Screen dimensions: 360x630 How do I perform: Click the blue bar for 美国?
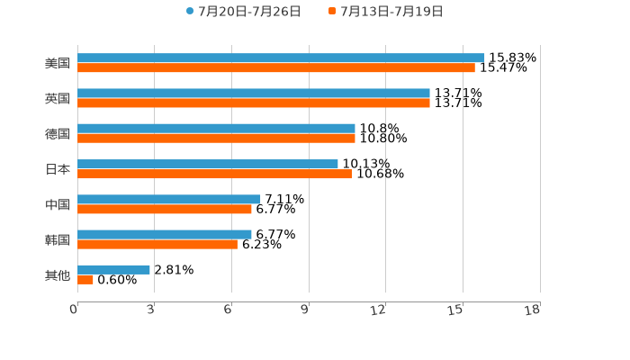[x=281, y=58]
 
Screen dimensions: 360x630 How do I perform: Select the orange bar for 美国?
[x=276, y=67]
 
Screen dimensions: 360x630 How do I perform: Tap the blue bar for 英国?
[x=254, y=93]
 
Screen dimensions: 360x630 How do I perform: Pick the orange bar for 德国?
[x=216, y=139]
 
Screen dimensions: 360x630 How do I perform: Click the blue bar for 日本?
[x=208, y=164]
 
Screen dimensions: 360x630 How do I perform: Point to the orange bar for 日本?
[x=214, y=174]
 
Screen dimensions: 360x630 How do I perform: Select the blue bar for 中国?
[x=169, y=199]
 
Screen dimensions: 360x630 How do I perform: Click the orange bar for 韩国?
[x=157, y=244]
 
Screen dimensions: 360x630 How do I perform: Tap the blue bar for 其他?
[x=113, y=269]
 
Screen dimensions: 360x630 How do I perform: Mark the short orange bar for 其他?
[x=85, y=279]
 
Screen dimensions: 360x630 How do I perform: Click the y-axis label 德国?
[x=58, y=133]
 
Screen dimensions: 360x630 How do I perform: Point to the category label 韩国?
[x=58, y=239]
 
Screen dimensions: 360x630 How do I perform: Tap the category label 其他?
[x=58, y=274]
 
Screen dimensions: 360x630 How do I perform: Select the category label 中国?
[x=58, y=204]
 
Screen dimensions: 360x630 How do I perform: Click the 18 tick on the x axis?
[x=532, y=310]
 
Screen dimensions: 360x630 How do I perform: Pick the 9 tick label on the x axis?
[x=305, y=310]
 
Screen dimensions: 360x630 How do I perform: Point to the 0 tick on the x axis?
[x=74, y=310]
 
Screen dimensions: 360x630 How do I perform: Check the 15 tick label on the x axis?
[x=455, y=310]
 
